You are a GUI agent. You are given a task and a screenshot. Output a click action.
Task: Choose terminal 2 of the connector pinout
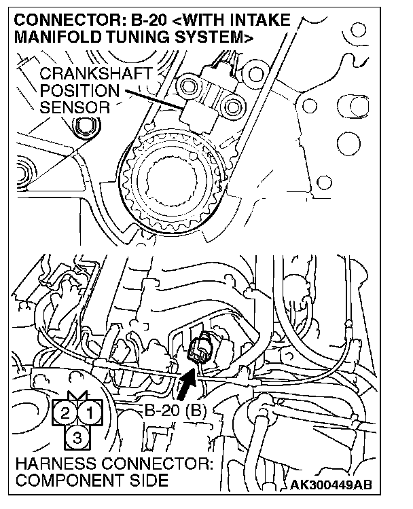(65, 411)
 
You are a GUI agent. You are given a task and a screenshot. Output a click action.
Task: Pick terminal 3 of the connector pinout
(77, 438)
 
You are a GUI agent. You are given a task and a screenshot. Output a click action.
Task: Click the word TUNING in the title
(132, 38)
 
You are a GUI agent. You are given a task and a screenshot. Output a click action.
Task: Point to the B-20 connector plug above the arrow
(201, 347)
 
